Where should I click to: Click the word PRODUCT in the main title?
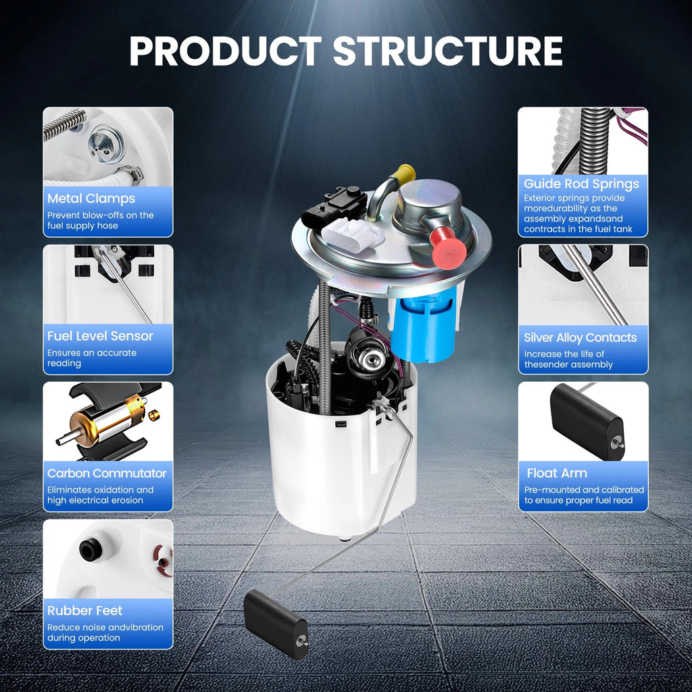tap(226, 51)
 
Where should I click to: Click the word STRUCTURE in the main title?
tap(447, 51)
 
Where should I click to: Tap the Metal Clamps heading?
tap(91, 199)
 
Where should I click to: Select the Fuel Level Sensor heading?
tap(100, 337)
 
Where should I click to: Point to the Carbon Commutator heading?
tap(107, 474)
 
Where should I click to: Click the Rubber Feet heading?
tap(84, 611)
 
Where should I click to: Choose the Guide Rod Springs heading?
tap(581, 184)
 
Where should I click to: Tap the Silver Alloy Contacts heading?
tap(580, 338)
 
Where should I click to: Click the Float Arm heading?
tap(557, 474)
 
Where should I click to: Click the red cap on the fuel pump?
tap(449, 249)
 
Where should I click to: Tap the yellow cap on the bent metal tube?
tap(405, 174)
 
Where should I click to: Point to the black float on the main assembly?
tap(276, 624)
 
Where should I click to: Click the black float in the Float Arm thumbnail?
tap(587, 422)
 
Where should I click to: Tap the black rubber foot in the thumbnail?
tap(91, 549)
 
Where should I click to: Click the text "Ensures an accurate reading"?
tap(92, 358)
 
